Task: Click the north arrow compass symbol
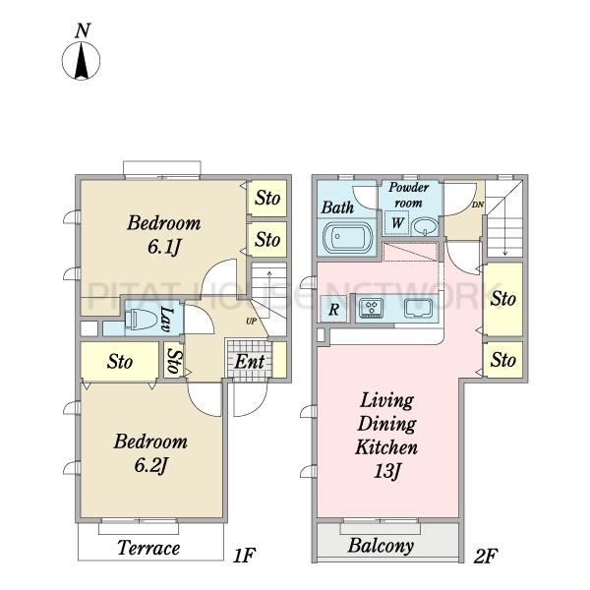[81, 61]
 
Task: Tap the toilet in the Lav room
[140, 319]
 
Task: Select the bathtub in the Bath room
[348, 237]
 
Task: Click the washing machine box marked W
[397, 223]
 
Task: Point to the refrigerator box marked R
[333, 310]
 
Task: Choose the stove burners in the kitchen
[372, 308]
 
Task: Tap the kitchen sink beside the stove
[419, 308]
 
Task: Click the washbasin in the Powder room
[425, 226]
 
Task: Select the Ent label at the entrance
[250, 361]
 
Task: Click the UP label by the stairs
[252, 322]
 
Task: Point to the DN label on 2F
[478, 206]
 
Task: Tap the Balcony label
[381, 546]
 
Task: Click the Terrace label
[148, 548]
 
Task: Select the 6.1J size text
[164, 247]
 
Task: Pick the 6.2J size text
[150, 465]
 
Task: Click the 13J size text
[386, 470]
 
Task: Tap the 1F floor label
[244, 556]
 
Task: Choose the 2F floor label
[486, 557]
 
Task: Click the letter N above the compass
[83, 30]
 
